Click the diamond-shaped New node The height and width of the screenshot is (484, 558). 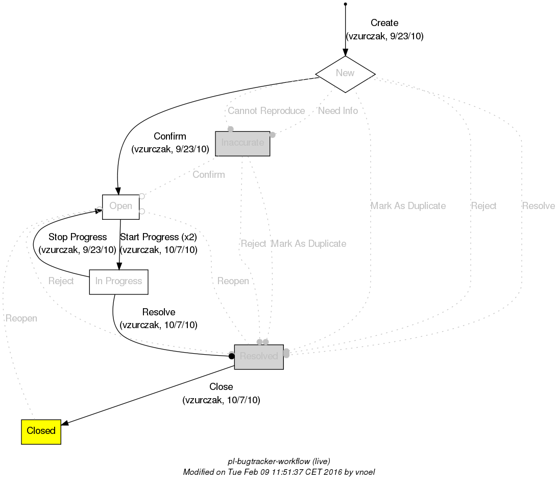[x=345, y=74]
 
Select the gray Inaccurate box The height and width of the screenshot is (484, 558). [x=242, y=143]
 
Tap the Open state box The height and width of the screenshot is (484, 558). [x=120, y=206]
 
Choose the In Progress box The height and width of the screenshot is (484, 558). [x=118, y=282]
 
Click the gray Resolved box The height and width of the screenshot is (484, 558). [x=258, y=357]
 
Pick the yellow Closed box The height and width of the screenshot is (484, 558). [x=41, y=431]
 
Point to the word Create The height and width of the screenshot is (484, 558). [x=384, y=23]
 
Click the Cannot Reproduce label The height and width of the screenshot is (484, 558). [x=266, y=111]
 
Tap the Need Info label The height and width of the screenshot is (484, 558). [x=337, y=111]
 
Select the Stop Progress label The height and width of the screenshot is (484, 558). [x=77, y=237]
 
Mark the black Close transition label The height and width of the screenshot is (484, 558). [x=221, y=387]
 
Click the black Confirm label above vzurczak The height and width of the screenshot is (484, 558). [x=169, y=136]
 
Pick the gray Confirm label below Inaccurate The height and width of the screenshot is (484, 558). [x=208, y=175]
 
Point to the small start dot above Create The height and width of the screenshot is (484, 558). [x=346, y=4]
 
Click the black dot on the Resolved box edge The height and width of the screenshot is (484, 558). [x=231, y=356]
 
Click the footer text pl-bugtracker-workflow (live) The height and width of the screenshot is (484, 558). [x=275, y=462]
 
